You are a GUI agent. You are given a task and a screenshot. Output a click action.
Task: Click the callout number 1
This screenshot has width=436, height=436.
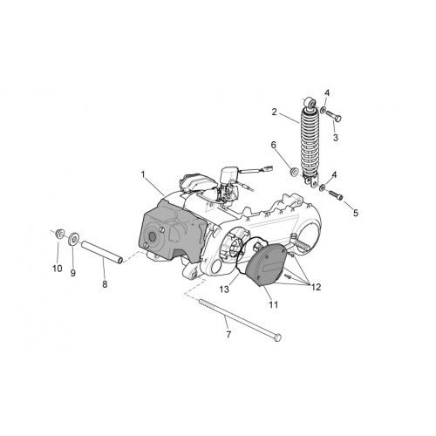(x=143, y=174)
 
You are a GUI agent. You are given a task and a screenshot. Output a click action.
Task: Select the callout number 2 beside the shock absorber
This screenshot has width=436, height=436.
(x=275, y=112)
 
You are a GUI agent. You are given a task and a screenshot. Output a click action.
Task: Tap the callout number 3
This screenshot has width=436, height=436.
(x=336, y=138)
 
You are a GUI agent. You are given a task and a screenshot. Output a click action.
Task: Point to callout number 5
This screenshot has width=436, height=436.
(x=356, y=213)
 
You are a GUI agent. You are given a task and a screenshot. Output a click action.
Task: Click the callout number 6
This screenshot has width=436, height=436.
(x=274, y=145)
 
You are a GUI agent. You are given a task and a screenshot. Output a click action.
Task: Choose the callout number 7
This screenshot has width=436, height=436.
(x=228, y=335)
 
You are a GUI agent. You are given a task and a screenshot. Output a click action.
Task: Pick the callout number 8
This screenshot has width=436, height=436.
(x=105, y=284)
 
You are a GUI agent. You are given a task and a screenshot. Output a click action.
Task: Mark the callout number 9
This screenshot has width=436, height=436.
(x=73, y=273)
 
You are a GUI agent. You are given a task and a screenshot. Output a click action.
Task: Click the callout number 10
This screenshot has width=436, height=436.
(x=58, y=269)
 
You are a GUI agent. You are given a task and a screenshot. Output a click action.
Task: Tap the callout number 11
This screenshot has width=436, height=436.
(x=274, y=304)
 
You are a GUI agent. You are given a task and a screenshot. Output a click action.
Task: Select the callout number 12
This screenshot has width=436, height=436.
(x=316, y=287)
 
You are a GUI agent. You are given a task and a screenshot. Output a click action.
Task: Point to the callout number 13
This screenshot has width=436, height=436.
(x=224, y=290)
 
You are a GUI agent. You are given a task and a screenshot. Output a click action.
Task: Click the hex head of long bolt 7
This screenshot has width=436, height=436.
(x=278, y=337)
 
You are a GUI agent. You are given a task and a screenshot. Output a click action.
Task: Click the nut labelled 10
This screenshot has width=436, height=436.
(x=60, y=234)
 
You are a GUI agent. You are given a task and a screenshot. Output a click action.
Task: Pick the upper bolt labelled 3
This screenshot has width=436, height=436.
(x=333, y=116)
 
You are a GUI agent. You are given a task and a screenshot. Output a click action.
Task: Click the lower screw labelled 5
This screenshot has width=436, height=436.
(x=336, y=194)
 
